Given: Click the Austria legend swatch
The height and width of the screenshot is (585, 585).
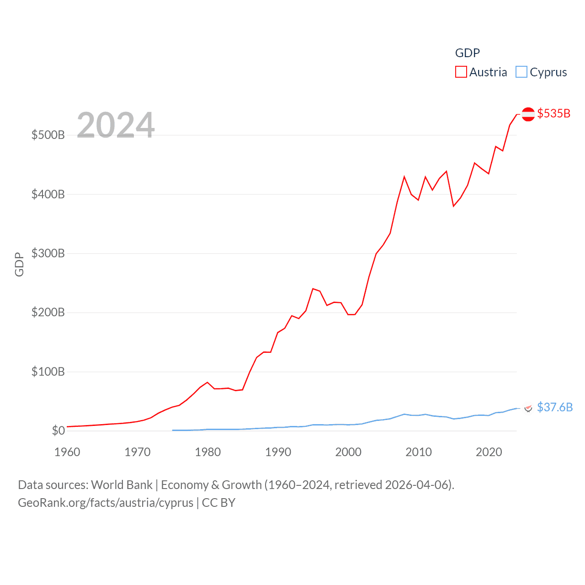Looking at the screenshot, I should [x=461, y=72].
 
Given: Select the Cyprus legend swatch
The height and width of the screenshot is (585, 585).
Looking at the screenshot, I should [x=521, y=72].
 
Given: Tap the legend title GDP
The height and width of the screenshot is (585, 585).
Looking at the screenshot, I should [x=467, y=53].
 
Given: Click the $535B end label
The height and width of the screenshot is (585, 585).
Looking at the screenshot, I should [x=553, y=113].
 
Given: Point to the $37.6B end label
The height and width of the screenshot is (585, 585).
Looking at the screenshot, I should [x=554, y=407].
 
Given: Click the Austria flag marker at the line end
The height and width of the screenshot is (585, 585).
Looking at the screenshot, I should [x=528, y=114].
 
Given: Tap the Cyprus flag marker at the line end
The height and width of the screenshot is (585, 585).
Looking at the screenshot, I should [x=528, y=408].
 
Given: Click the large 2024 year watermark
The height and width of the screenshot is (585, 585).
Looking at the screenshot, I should [x=116, y=125].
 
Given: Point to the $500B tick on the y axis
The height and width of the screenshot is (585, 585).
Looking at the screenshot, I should [x=48, y=135].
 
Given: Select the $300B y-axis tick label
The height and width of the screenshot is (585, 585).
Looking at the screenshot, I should [x=48, y=254].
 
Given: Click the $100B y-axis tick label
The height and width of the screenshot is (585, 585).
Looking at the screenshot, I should [x=48, y=372].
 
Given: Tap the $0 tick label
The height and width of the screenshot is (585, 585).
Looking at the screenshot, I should [x=58, y=431].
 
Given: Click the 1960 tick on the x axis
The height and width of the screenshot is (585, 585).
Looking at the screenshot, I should [x=67, y=452].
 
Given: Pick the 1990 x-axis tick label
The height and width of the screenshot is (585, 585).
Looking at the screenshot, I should [x=278, y=452].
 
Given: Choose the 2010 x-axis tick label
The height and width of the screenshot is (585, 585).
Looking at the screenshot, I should [x=419, y=452].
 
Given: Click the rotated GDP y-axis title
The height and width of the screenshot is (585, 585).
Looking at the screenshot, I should [x=19, y=264].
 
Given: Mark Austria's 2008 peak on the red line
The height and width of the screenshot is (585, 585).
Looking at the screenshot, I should [x=404, y=176].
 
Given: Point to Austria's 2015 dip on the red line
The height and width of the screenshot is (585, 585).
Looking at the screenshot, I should [x=453, y=206].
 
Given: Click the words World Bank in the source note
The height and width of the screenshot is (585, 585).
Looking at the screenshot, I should [x=122, y=485].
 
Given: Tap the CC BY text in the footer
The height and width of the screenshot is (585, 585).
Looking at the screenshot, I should [x=218, y=503].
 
